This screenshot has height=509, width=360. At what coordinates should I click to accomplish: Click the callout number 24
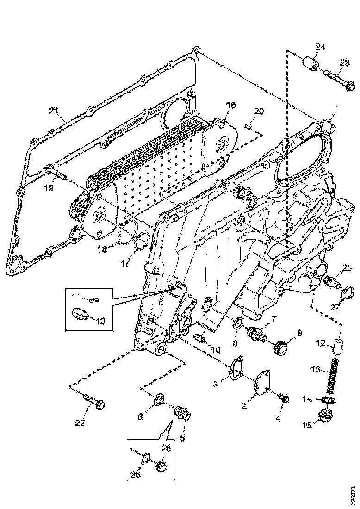point(320,46)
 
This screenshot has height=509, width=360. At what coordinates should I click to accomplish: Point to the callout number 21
point(54,111)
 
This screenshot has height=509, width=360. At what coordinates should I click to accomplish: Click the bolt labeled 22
point(94,401)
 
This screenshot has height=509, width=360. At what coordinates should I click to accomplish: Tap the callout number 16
point(230,106)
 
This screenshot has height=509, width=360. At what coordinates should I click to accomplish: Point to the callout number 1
point(338,108)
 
